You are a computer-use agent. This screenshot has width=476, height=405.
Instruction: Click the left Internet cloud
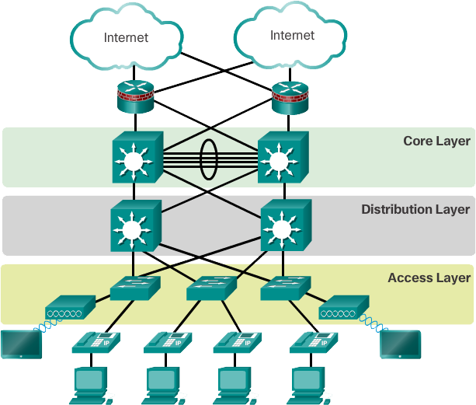[x=125, y=37]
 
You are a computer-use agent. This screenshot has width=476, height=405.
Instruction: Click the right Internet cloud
[x=291, y=36]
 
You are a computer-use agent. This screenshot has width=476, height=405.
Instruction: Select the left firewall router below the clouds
[x=135, y=97]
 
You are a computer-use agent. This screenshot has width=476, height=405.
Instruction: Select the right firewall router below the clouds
[x=290, y=97]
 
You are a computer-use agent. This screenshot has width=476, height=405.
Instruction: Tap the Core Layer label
[x=436, y=141]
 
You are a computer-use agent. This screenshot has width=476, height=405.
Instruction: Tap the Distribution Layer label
[x=415, y=209]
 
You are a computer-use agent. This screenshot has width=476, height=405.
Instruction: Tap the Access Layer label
[x=429, y=278]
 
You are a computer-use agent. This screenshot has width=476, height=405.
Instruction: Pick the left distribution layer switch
[x=134, y=227]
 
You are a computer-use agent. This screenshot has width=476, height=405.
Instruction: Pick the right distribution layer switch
[x=284, y=227]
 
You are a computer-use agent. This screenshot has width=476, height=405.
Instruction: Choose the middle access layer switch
[x=210, y=289]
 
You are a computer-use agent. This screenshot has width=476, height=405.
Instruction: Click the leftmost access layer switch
[x=134, y=289]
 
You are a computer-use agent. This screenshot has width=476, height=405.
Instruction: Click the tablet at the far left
[x=20, y=344]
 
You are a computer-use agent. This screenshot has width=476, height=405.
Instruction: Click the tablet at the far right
[x=400, y=344]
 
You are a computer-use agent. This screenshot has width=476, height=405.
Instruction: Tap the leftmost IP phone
[x=94, y=342]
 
